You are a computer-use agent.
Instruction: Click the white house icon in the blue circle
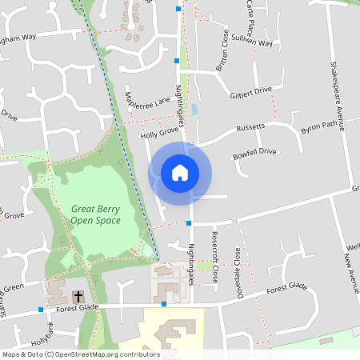[x=180, y=172]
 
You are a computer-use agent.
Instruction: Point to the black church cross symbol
[x=78, y=295]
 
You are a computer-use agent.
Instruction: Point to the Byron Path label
[x=319, y=126]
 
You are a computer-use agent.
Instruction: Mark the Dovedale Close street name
[x=238, y=265]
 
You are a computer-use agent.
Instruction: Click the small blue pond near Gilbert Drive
[x=194, y=108]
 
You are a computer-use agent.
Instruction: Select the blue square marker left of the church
[x=40, y=309]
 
